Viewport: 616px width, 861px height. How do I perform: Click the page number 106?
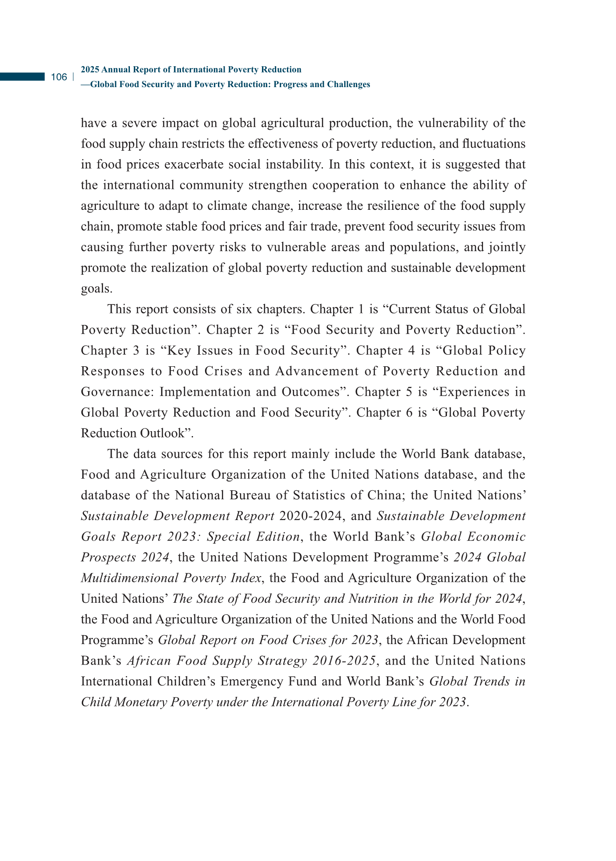pyautogui.click(x=59, y=77)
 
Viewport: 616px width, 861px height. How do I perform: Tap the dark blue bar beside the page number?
pyautogui.click(x=22, y=77)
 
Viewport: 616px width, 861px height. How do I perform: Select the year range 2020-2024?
pyautogui.click(x=312, y=516)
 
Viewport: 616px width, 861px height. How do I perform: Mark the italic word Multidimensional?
pyautogui.click(x=129, y=578)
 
